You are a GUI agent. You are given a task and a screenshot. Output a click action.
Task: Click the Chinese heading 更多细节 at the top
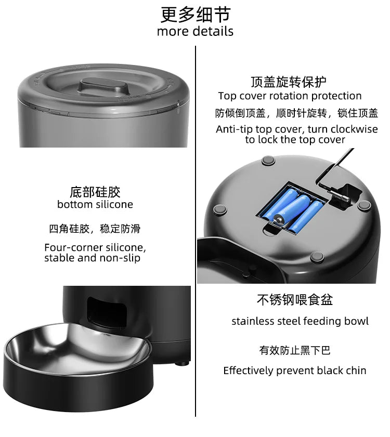point(195,14)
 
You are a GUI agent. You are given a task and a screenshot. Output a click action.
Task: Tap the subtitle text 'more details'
point(195,31)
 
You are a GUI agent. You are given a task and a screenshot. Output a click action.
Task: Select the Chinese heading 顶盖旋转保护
point(288,82)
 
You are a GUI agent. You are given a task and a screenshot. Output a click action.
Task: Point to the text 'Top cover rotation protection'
point(290,96)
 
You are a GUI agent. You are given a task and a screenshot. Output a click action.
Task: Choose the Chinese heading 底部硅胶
point(95,191)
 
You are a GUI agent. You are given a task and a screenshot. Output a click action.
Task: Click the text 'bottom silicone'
point(95,204)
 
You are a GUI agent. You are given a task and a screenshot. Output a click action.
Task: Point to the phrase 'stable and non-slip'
point(92,258)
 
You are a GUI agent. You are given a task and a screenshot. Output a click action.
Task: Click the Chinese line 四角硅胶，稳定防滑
point(95,229)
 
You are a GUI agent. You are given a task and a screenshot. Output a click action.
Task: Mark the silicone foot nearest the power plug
point(364,205)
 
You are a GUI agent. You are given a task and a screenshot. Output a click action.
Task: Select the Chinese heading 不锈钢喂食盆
point(295,300)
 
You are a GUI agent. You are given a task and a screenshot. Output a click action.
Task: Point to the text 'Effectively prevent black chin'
point(295,370)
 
